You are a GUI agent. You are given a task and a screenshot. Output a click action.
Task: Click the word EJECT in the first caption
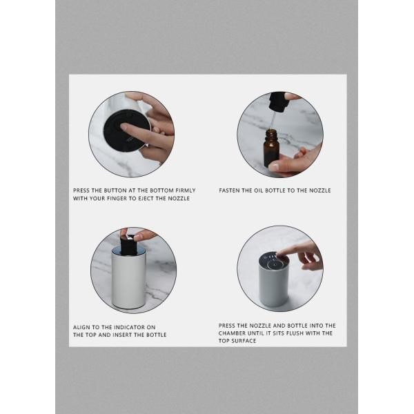coord(145,199)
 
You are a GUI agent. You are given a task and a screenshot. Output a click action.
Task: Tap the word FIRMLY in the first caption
coord(186,190)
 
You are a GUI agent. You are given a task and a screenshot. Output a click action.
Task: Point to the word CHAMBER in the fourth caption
coord(230,333)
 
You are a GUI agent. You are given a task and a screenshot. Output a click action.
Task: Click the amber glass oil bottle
coord(271,148)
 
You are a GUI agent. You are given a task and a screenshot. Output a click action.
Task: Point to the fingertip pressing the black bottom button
coord(124,127)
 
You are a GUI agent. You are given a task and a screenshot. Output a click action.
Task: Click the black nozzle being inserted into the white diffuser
coord(128,245)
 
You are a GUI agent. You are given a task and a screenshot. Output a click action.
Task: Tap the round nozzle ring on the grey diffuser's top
coord(273,264)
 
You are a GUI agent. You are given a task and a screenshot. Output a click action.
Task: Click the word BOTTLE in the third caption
coord(156,335)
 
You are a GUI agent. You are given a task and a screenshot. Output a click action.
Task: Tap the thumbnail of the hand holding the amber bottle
coord(275,166)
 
